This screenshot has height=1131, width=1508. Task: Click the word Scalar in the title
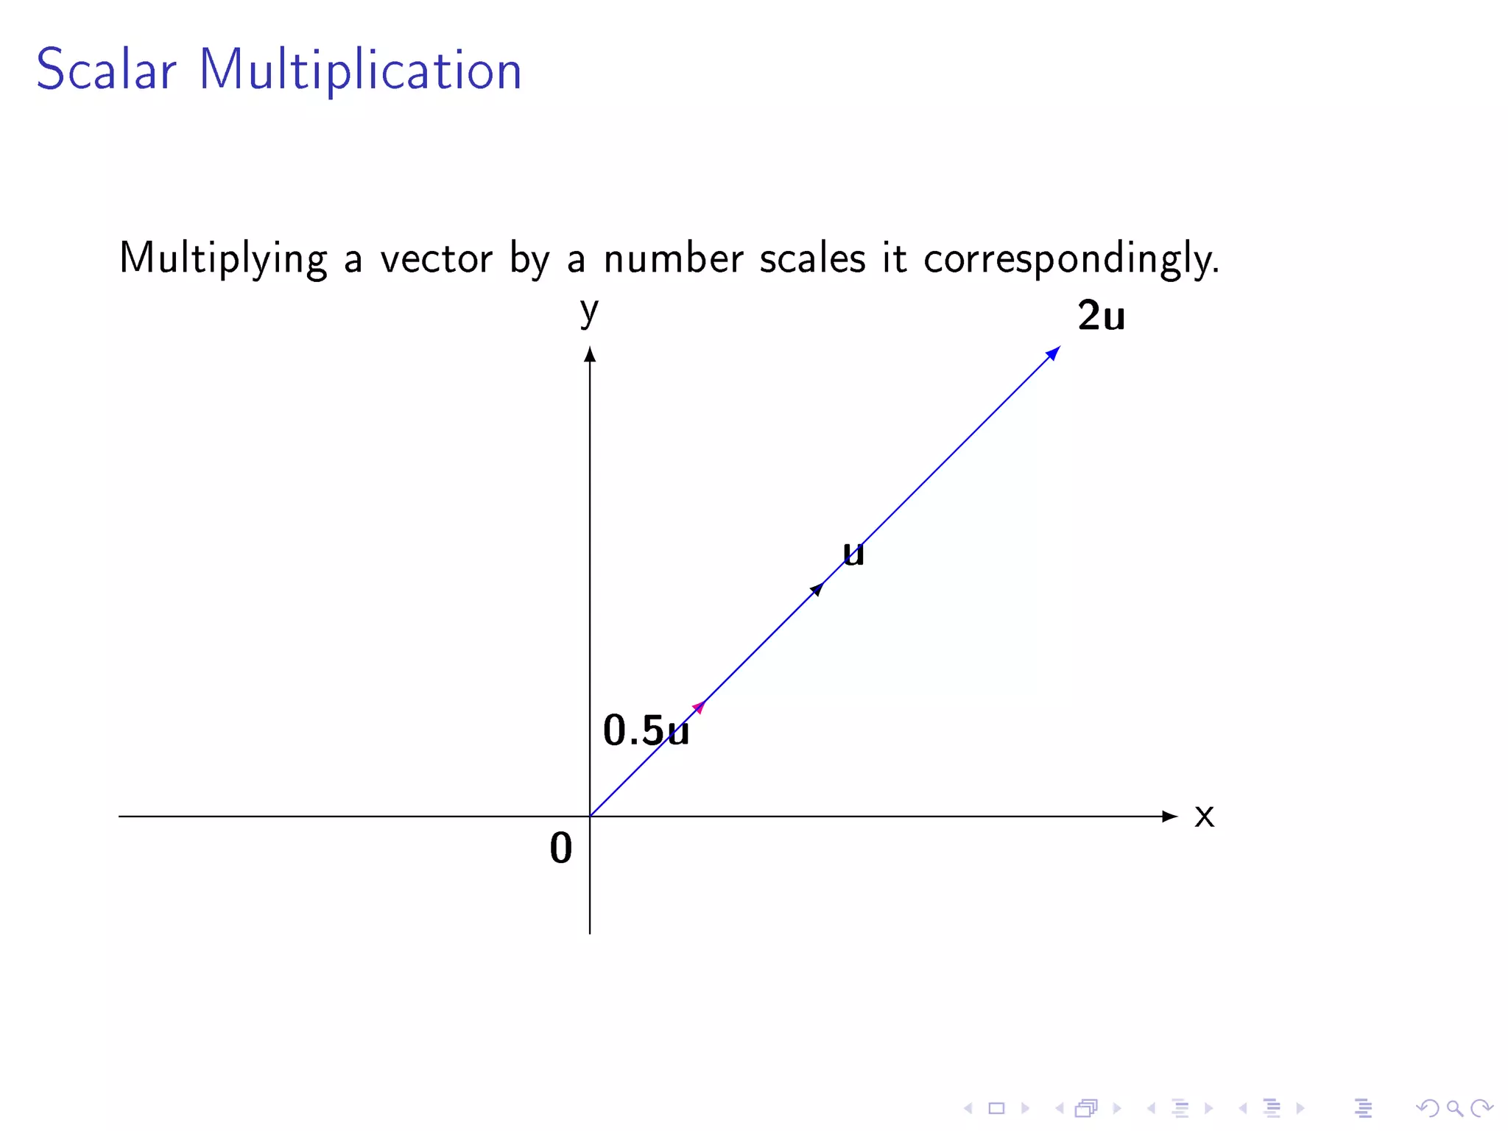click(x=106, y=70)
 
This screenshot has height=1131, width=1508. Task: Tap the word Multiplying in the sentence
click(x=222, y=259)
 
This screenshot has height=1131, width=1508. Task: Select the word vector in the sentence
click(x=436, y=259)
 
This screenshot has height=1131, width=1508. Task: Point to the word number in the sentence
click(x=673, y=259)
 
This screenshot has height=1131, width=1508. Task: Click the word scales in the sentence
click(x=812, y=259)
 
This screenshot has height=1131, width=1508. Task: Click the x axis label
click(x=1204, y=816)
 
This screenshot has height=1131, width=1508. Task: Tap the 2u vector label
click(x=1101, y=316)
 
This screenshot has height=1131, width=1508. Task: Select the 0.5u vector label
click(x=646, y=730)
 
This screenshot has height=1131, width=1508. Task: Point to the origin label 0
click(x=560, y=848)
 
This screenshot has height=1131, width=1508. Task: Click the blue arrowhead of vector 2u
click(x=1054, y=353)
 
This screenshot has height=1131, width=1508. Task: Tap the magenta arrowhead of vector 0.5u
click(x=699, y=708)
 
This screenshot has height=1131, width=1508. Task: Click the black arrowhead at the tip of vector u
click(x=817, y=589)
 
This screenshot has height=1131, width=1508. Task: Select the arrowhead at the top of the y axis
click(x=590, y=355)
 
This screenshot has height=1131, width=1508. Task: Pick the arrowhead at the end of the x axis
click(x=1169, y=816)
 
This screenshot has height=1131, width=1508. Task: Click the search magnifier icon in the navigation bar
click(x=1454, y=1108)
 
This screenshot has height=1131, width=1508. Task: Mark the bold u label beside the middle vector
click(x=853, y=554)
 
